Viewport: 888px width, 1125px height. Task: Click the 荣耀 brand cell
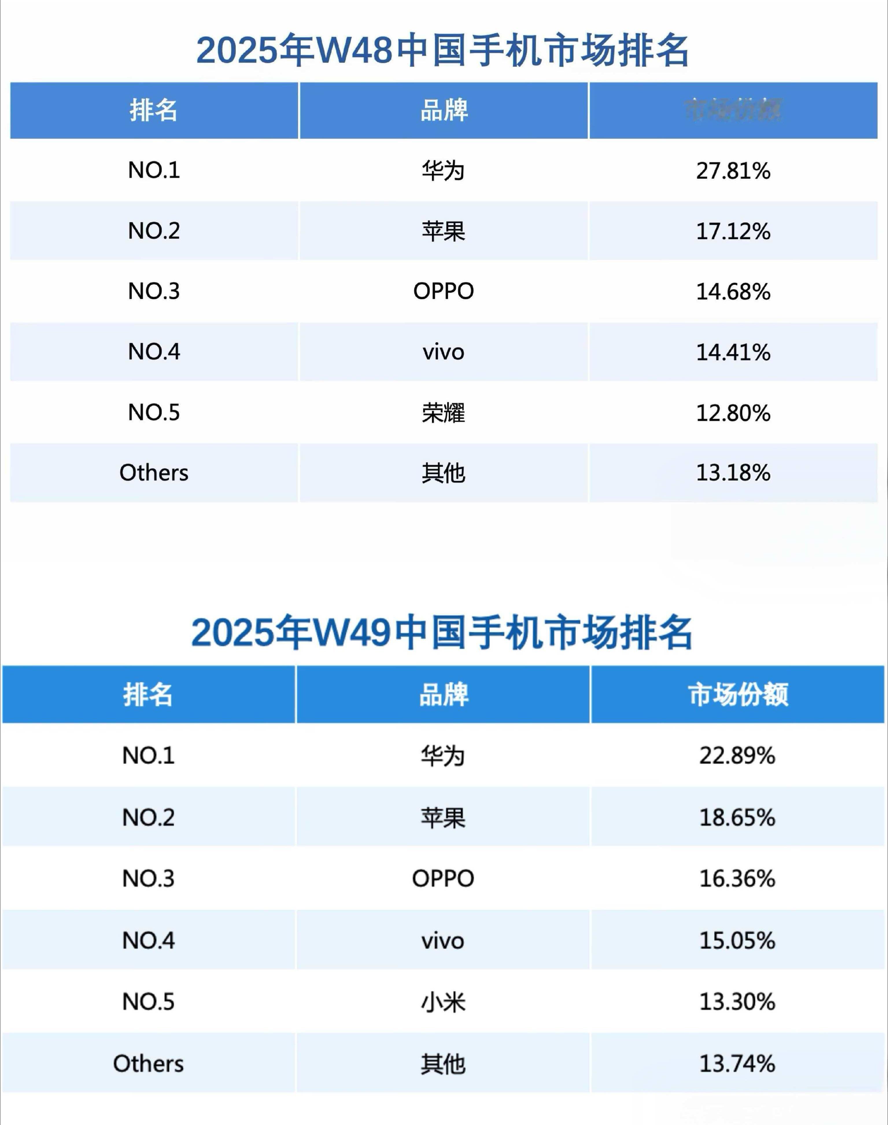coord(443,413)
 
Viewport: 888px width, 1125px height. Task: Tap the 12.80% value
coord(733,413)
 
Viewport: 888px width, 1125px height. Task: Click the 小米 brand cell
coord(443,1002)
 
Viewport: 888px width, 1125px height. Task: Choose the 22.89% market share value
coord(737,756)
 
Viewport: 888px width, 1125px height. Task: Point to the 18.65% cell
coord(737,818)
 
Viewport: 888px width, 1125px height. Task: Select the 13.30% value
coord(737,1002)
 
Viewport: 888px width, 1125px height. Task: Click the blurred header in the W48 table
coord(733,110)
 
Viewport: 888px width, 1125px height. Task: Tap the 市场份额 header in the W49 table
coord(738,694)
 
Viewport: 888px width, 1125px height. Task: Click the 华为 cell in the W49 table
coord(443,756)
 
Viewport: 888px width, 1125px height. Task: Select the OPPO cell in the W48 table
coord(443,291)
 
